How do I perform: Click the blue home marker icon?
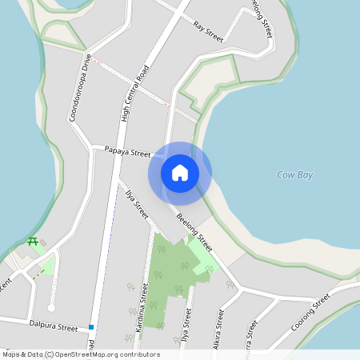pos(180,172)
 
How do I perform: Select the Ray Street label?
pos(208,26)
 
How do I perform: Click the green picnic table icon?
pos(33,242)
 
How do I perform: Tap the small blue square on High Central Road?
pos(92,327)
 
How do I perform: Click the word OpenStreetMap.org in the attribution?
pos(90,354)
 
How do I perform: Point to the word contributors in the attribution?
pos(139,354)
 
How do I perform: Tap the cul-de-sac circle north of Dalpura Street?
pos(51,307)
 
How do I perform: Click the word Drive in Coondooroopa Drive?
pos(86,66)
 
